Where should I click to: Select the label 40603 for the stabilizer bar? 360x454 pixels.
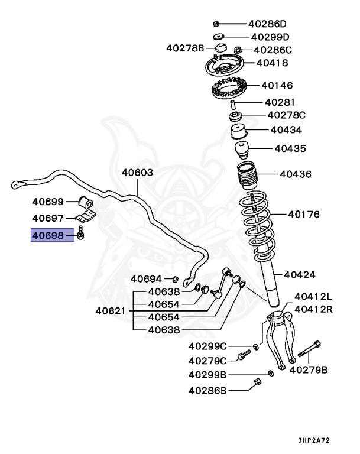coord(137,173)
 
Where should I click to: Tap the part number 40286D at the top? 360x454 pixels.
coord(267,24)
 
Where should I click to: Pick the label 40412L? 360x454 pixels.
coord(313,296)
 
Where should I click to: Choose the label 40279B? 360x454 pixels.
coord(307,369)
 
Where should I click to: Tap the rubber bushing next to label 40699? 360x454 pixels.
coord(86,201)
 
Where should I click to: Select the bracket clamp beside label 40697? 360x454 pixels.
coord(86,218)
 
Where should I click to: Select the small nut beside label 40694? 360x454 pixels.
coord(175,278)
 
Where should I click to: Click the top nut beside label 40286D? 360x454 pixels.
coord(216,24)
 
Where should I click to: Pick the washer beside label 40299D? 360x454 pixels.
coord(218,37)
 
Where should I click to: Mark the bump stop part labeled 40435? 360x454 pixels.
coord(242,148)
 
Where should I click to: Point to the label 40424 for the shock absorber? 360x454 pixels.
coord(299,274)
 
